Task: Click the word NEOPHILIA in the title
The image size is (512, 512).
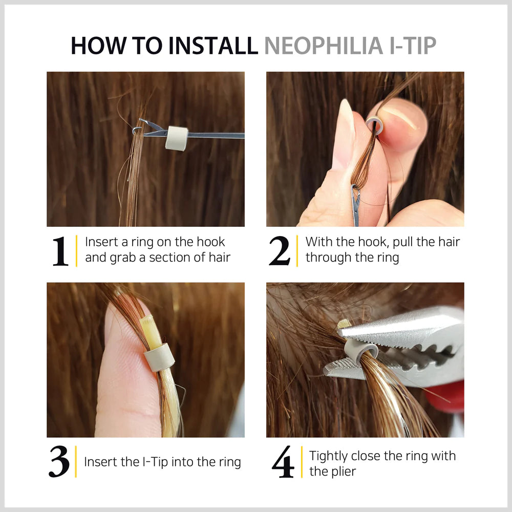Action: coord(324,46)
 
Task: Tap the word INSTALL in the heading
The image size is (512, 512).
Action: coord(213,46)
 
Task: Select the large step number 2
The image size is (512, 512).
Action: coord(280,251)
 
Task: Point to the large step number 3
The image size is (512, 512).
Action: coord(59,462)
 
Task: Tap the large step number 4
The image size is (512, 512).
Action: coord(283,462)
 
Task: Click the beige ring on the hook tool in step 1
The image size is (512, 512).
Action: coord(177,138)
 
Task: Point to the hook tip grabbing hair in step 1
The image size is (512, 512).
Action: coord(137,130)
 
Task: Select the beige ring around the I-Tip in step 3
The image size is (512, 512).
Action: coord(159,357)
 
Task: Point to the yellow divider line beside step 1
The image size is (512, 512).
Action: coord(76,251)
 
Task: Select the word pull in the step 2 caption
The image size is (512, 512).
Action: coord(403,242)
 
